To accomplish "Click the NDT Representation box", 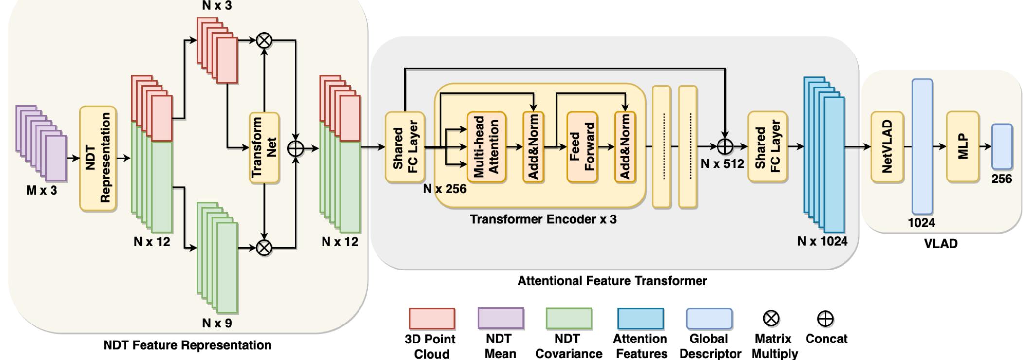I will pos(98,159).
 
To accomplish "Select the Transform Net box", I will pos(264,147).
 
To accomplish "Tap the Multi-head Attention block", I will pos(486,147).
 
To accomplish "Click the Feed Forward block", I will pos(582,147).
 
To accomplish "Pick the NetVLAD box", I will pos(887,147).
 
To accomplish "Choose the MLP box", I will pos(962,147).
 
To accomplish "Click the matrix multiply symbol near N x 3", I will pos(264,40).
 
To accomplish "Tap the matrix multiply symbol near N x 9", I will pos(264,248).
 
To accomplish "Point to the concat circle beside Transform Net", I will pos(296,148).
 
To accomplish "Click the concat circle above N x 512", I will pos(725,146).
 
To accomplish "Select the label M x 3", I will pos(41,191).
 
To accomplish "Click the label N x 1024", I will pos(822,241).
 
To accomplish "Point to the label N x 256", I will pos(444,189).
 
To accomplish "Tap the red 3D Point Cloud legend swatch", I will pos(431,319).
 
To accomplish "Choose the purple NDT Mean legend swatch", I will pos(501,319).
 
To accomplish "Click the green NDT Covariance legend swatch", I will pos(569,319).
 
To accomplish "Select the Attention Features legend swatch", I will pos(640,319).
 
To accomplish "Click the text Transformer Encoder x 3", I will pos(543,219).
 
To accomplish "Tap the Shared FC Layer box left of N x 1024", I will pos(767,147).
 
